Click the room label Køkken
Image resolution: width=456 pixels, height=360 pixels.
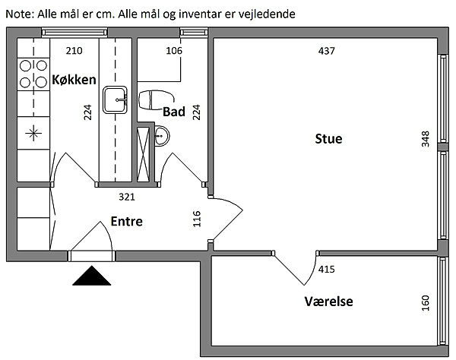tap(74, 79)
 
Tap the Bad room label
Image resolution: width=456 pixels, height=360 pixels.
tap(174, 112)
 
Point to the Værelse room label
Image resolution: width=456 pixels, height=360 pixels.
tap(328, 302)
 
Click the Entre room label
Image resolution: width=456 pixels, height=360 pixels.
tap(126, 222)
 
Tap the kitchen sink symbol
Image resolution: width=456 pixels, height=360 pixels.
tap(116, 99)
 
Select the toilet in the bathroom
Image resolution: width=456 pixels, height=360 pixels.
tap(157, 98)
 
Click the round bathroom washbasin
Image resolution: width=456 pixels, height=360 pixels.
tap(162, 137)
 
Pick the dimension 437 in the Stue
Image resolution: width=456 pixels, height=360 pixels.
tap(326, 52)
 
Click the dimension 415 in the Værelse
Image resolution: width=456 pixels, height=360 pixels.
tap(327, 269)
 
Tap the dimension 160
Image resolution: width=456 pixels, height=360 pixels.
tap(425, 302)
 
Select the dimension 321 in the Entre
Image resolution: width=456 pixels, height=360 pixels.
tap(127, 197)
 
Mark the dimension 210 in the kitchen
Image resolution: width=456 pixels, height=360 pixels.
tap(74, 52)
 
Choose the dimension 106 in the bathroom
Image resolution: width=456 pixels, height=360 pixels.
tap(174, 52)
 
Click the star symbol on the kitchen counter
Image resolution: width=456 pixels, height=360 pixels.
tap(33, 134)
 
